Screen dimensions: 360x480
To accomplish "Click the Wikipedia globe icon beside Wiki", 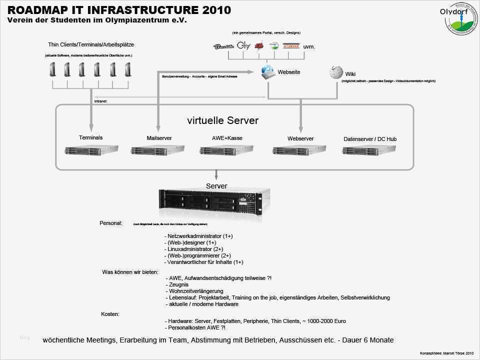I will click(335, 73).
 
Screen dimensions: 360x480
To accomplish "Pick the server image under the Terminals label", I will click(91, 149).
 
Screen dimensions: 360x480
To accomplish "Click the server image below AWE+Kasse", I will click(226, 150).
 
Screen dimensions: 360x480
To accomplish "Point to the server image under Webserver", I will click(299, 150).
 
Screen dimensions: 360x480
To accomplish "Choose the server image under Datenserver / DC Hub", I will click(368, 150).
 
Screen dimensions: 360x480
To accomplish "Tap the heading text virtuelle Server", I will click(222, 120).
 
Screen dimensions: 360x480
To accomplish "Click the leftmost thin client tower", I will click(52, 68).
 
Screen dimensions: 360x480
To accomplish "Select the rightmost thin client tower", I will click(127, 68).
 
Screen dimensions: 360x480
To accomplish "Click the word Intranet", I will click(100, 101).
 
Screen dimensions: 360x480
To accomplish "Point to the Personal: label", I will click(111, 223).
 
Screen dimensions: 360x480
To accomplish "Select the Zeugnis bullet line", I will click(178, 284).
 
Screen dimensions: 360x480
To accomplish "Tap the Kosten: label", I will click(110, 314).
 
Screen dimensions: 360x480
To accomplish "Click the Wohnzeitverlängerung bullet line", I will click(196, 290).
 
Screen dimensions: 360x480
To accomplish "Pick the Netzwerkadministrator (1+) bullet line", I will click(200, 235).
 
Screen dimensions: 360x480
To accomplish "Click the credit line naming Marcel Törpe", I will click(446, 353).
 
